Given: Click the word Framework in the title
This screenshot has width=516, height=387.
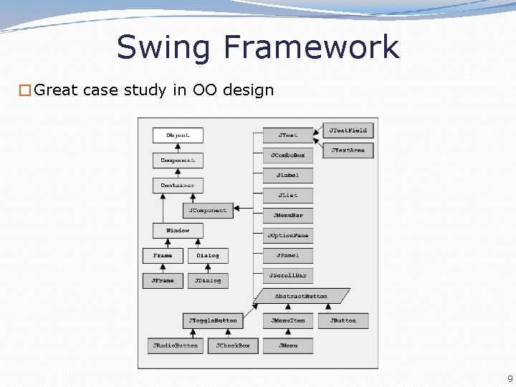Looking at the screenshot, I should pyautogui.click(x=310, y=47).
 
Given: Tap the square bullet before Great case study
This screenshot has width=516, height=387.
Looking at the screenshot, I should pyautogui.click(x=25, y=90).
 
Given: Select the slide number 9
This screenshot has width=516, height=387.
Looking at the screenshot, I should pyautogui.click(x=510, y=379).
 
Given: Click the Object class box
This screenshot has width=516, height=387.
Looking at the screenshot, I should pyautogui.click(x=178, y=135).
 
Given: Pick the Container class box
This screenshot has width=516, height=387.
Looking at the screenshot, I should pyautogui.click(x=178, y=186).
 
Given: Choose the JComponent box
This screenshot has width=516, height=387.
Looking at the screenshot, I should pyautogui.click(x=208, y=211).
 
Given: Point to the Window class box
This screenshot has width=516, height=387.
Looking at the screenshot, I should pyautogui.click(x=178, y=231).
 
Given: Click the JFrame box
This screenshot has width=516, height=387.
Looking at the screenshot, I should pyautogui.click(x=163, y=281).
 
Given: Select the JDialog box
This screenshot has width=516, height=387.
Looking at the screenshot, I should pyautogui.click(x=208, y=281).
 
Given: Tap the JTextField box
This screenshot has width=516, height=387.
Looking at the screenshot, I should pyautogui.click(x=348, y=130).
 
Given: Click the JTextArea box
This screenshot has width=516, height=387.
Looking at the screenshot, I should pyautogui.click(x=348, y=150).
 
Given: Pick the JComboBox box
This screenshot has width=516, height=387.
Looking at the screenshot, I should pyautogui.click(x=287, y=156).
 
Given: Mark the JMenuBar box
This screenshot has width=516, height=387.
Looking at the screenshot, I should pyautogui.click(x=287, y=215).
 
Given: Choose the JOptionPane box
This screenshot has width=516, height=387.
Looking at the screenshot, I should pyautogui.click(x=287, y=236).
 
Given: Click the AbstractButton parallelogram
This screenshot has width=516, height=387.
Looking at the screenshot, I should pyautogui.click(x=302, y=296).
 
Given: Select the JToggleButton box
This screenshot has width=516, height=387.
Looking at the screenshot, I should pyautogui.click(x=213, y=321).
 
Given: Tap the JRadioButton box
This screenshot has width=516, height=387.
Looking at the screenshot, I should pyautogui.click(x=175, y=345).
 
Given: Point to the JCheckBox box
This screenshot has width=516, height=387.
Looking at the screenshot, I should pyautogui.click(x=233, y=345).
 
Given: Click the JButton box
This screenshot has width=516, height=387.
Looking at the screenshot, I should pyautogui.click(x=343, y=321).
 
